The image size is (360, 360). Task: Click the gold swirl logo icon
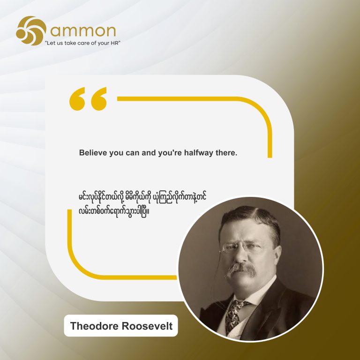click(31, 30)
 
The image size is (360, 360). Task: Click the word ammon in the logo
click(83, 31)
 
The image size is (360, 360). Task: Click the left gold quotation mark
click(77, 99)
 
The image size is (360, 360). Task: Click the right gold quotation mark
click(99, 99)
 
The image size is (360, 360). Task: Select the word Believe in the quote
click(93, 153)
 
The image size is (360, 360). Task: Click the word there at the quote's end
click(226, 153)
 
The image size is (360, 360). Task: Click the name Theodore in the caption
click(94, 326)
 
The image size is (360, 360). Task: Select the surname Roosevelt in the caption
click(147, 326)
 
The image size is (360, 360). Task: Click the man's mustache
click(241, 270)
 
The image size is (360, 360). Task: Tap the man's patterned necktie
click(235, 315)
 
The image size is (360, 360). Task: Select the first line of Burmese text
click(142, 198)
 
